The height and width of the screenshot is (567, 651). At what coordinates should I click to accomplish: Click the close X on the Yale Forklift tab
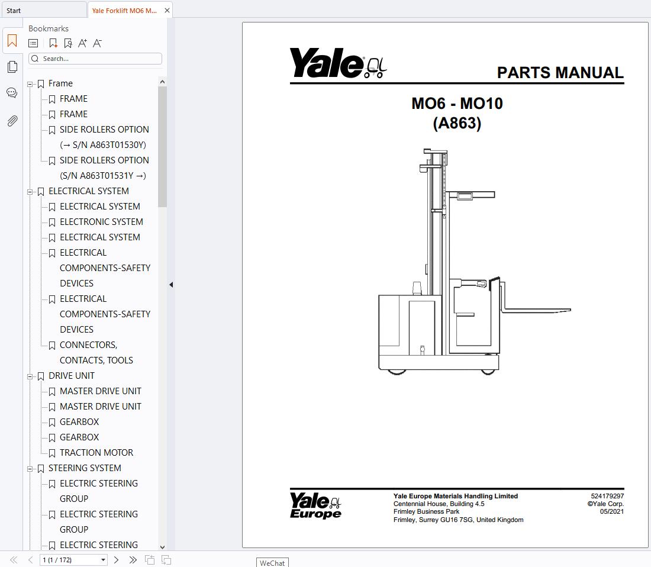tap(167, 11)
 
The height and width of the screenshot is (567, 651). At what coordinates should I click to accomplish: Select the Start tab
tap(14, 11)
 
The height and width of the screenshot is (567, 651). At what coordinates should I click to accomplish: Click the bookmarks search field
tap(95, 59)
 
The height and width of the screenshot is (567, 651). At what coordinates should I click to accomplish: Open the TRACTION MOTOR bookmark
tap(96, 452)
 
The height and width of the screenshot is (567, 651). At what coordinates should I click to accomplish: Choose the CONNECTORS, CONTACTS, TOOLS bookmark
tap(96, 352)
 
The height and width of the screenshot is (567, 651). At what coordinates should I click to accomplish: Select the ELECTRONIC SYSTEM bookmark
tap(101, 222)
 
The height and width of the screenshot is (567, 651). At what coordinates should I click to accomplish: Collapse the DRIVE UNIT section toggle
tap(30, 376)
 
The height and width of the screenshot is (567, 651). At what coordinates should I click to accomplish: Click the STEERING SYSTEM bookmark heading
tap(85, 468)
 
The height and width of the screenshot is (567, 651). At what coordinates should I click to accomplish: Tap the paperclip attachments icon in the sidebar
tap(12, 121)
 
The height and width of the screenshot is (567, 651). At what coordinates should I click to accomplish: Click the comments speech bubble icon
tap(12, 92)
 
